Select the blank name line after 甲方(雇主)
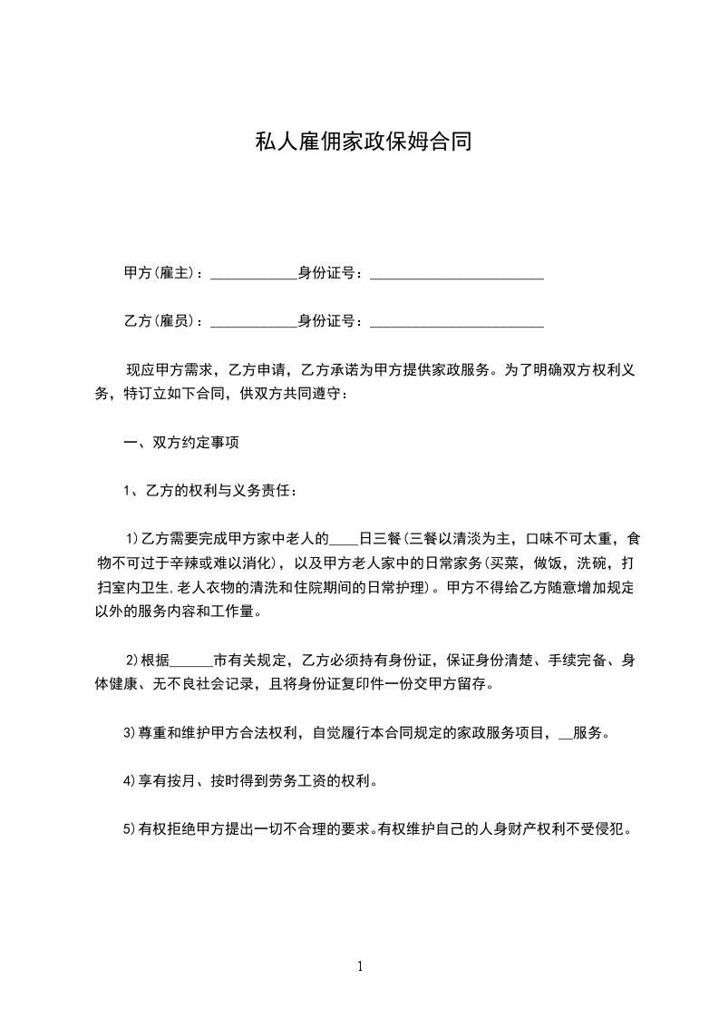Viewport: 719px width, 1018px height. tap(254, 274)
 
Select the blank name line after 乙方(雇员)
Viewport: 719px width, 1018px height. tap(254, 322)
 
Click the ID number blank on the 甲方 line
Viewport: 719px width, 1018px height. tap(457, 274)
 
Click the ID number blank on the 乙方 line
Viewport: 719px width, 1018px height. tap(457, 322)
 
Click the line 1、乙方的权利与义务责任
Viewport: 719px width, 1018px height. tap(209, 492)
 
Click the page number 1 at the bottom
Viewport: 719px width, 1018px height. tap(361, 966)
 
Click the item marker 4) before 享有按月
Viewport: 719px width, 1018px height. tap(130, 780)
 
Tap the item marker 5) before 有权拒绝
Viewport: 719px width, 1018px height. tap(130, 828)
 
